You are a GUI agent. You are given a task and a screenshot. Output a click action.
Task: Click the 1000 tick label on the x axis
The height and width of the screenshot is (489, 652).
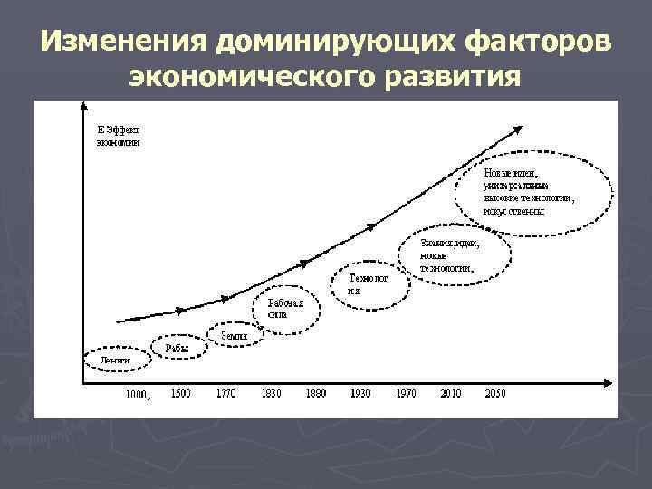click(137, 395)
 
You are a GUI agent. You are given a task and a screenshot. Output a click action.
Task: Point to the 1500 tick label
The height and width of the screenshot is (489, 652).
click(179, 393)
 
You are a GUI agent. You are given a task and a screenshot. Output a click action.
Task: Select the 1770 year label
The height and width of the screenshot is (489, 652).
click(225, 393)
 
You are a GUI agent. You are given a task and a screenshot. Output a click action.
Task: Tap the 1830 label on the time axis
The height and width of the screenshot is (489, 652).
click(270, 393)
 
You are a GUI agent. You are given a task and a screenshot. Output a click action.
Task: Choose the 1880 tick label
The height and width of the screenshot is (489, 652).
click(315, 393)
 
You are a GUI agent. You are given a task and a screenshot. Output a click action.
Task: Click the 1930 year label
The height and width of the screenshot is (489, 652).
click(360, 393)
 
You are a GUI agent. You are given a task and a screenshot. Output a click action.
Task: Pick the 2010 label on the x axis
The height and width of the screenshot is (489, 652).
click(450, 393)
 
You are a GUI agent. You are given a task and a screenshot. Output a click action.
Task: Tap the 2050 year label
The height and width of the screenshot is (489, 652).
click(495, 393)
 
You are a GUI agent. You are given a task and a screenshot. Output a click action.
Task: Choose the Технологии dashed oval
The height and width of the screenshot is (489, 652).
click(367, 285)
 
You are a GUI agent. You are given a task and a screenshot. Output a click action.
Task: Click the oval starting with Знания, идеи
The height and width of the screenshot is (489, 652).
click(455, 255)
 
